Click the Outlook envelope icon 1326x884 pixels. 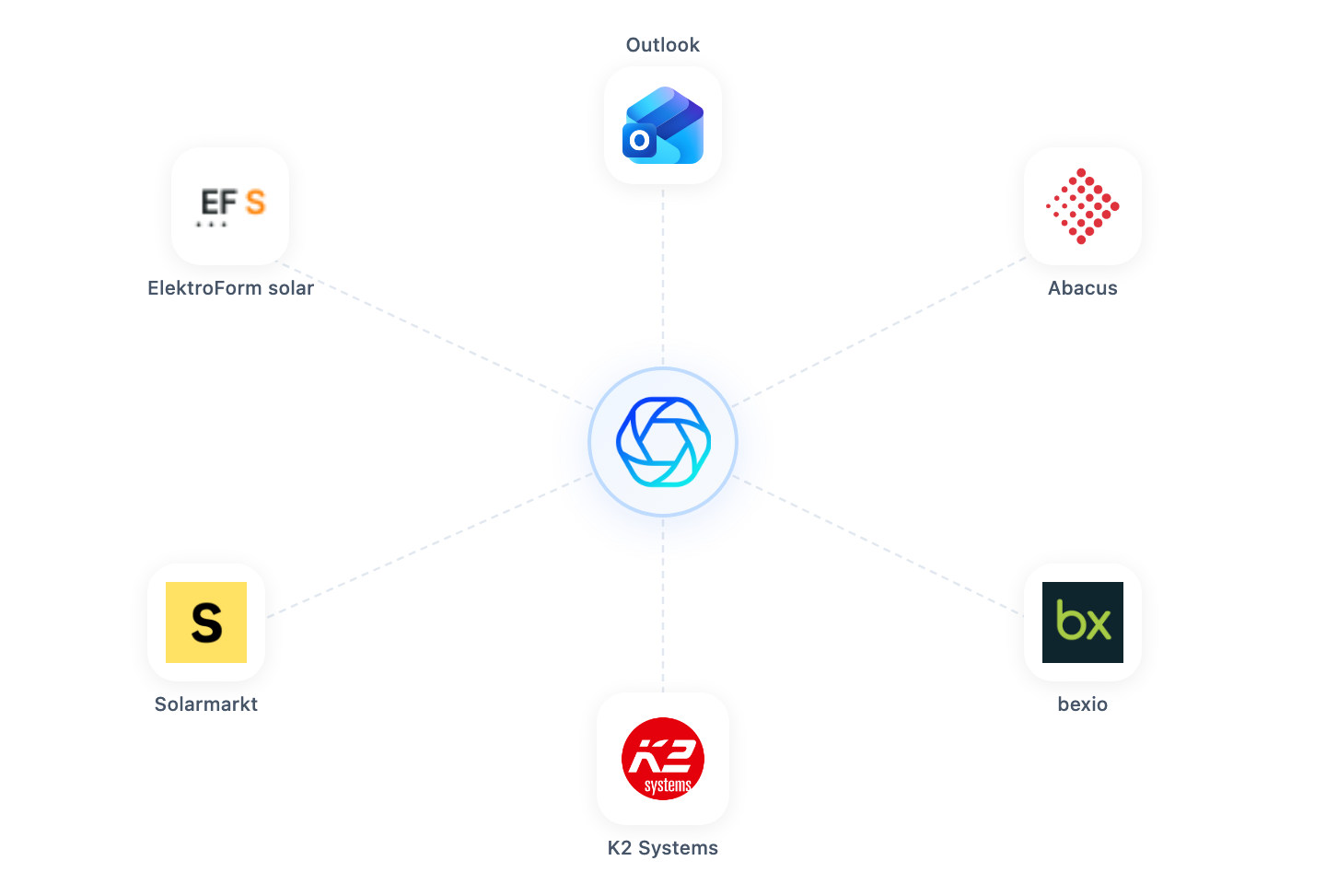[x=663, y=125]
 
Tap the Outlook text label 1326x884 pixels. [x=662, y=45]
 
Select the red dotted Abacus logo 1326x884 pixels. [x=1082, y=206]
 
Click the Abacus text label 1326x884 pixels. [x=1082, y=287]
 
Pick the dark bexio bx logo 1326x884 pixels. [x=1082, y=622]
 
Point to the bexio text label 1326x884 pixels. [x=1082, y=704]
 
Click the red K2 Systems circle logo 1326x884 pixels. [x=662, y=759]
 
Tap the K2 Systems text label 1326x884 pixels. [x=662, y=848]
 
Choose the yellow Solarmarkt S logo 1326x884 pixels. [x=206, y=622]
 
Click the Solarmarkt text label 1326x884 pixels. [x=206, y=704]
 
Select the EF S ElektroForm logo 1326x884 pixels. [x=231, y=206]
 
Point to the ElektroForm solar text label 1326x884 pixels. [x=230, y=287]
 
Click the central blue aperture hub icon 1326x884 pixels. [x=663, y=442]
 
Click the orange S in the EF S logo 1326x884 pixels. [x=255, y=202]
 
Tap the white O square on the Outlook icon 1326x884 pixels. [x=639, y=140]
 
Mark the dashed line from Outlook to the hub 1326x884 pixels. [x=662, y=276]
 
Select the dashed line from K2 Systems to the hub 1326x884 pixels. [x=662, y=605]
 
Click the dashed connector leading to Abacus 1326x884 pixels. [x=879, y=331]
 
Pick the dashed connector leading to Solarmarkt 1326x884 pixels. [x=430, y=545]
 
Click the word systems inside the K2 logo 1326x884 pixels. [x=668, y=785]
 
